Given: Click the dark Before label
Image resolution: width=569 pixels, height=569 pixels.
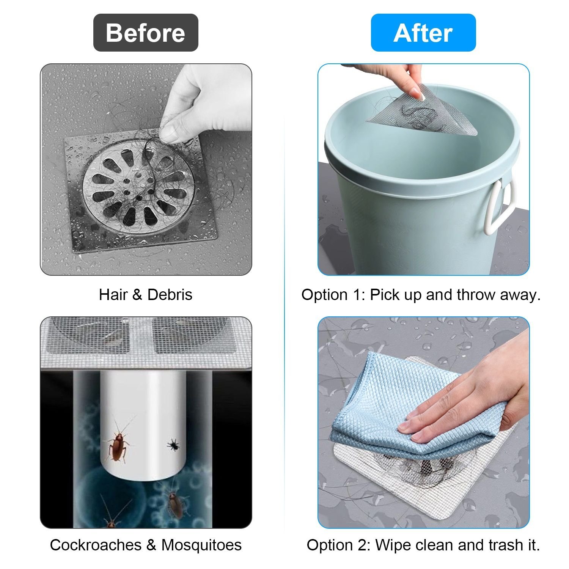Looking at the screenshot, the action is tap(146, 33).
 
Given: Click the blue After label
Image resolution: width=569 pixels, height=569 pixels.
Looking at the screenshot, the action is tap(423, 33).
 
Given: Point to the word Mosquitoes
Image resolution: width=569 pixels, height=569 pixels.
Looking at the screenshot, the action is tap(201, 545).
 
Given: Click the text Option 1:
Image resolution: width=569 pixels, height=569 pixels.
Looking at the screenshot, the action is tap(333, 295).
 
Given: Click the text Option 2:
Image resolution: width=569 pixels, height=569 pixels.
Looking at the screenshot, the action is tap(339, 545).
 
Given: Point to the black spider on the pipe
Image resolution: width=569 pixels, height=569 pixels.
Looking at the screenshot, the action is tap(174, 444).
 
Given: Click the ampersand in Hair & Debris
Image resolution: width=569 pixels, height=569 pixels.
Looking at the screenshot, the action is tap(137, 295).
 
